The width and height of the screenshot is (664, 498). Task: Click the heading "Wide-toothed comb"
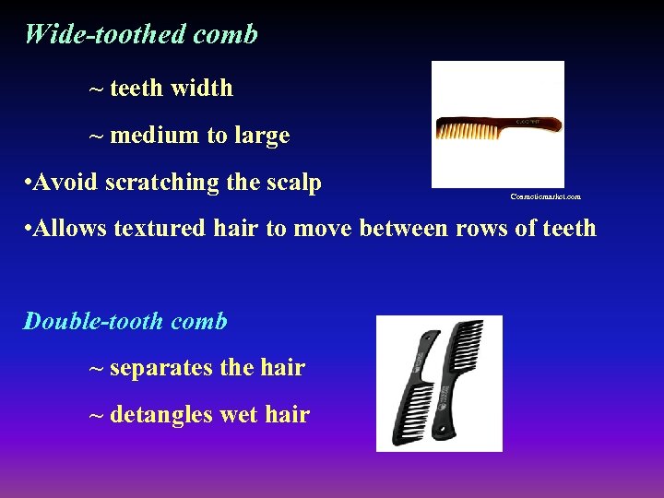(x=141, y=35)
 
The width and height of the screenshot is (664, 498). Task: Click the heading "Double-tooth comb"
(x=125, y=322)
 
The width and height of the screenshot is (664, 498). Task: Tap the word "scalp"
(x=290, y=184)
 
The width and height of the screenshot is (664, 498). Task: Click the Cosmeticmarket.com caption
(x=545, y=196)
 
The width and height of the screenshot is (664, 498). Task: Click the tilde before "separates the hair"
(x=96, y=369)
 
